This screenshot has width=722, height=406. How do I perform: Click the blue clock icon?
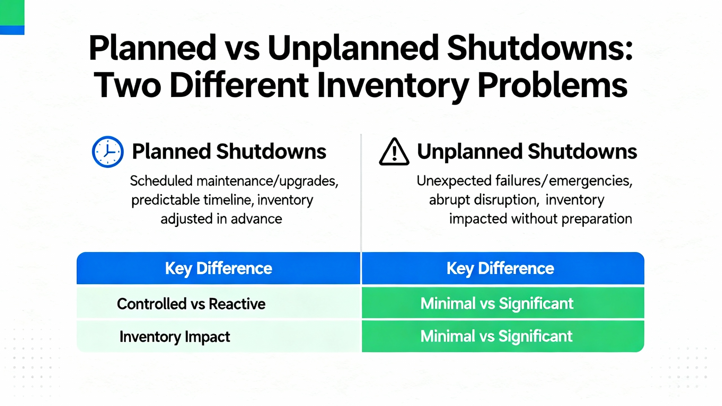[108, 152]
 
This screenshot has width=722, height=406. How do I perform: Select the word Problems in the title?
[552, 85]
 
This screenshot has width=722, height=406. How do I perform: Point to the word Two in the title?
[127, 85]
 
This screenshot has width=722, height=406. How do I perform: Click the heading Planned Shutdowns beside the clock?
[229, 151]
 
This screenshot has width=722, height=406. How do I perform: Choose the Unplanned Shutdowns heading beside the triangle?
[527, 151]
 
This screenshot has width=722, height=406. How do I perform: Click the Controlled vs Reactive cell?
[191, 304]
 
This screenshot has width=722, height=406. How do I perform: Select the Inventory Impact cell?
[175, 337]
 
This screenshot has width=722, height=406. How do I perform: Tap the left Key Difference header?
[219, 268]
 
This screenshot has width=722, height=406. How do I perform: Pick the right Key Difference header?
[503, 268]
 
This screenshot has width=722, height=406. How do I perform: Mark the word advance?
[256, 219]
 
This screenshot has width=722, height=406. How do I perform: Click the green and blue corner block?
[12, 17]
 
